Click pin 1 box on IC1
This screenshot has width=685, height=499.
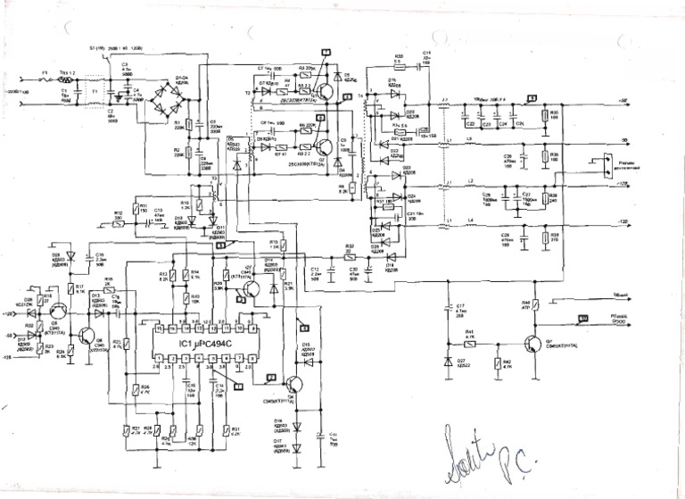[x=159, y=358]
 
